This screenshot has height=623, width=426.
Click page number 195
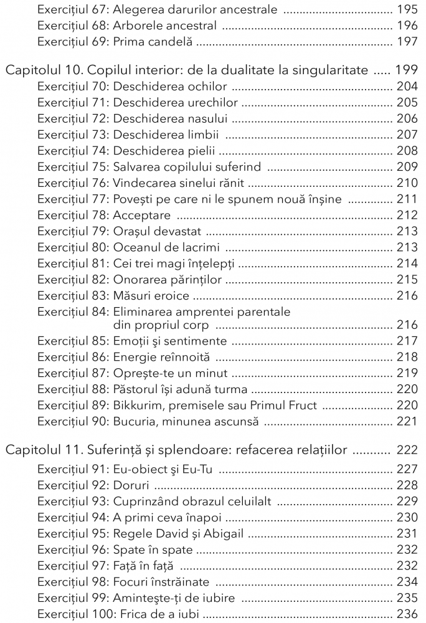(407, 11)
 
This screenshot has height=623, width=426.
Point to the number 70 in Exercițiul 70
(102, 87)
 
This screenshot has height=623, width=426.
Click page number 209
(407, 167)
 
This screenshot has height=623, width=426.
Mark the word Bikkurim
(138, 406)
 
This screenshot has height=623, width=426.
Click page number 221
(407, 422)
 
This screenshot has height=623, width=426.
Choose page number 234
(407, 582)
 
